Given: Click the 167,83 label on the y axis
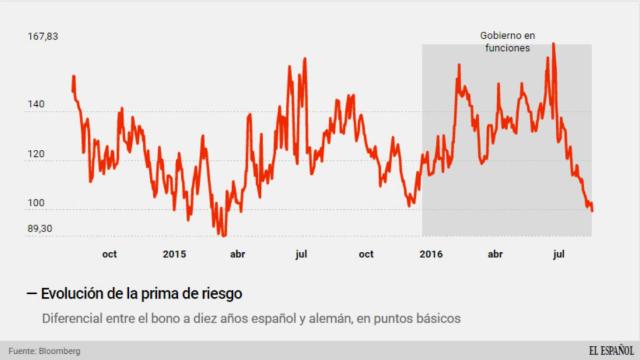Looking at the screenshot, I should [43, 37].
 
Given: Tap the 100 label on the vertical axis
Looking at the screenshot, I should [37, 204].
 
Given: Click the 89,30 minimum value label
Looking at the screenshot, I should [40, 229].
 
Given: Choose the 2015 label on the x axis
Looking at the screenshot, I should [174, 254].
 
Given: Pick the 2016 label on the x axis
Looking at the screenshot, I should [431, 254].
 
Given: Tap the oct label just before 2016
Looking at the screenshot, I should [366, 254].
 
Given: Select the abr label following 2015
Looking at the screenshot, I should [238, 254].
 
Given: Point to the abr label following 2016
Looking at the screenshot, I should [495, 254].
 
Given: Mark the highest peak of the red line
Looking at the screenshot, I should [553, 44].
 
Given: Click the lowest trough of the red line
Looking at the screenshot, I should [222, 234].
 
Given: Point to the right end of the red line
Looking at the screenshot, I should [592, 210].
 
